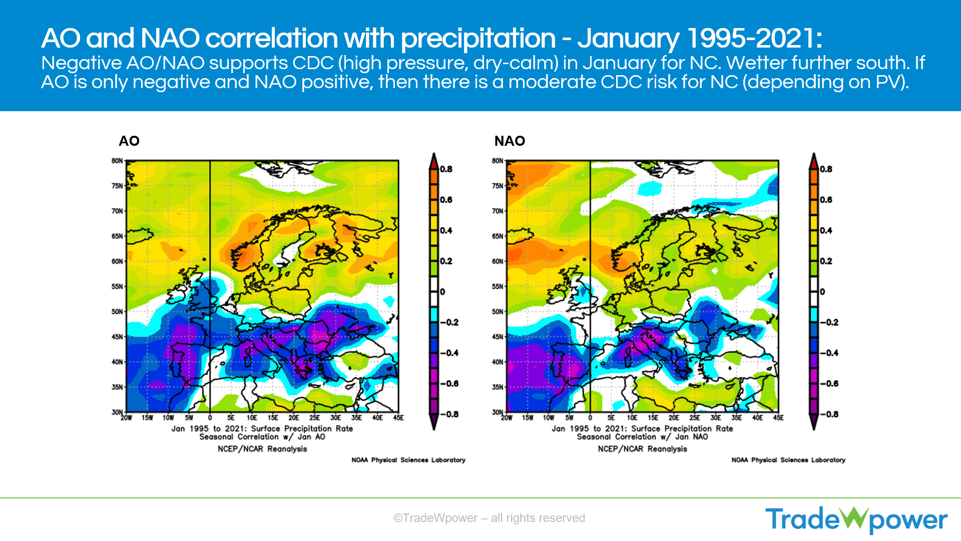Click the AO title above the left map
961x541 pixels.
coord(129,141)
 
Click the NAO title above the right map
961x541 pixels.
coord(510,141)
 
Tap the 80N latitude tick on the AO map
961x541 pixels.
coord(117,161)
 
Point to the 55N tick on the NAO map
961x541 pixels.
coord(498,287)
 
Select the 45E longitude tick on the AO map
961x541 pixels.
coord(398,418)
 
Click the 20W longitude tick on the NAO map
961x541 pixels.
coord(507,418)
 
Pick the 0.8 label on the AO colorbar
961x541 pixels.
coord(446,169)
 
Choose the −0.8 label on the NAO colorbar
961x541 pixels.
coord(829,414)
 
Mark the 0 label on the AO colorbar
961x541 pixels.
coord(442,292)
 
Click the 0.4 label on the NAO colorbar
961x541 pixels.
coord(826,230)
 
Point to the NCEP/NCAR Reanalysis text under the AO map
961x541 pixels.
coord(262,449)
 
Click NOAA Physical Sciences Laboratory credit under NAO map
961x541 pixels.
coord(788,460)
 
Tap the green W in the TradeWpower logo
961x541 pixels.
coord(854,517)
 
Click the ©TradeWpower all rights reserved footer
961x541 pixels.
coord(489,518)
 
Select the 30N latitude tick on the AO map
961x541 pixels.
coord(117,412)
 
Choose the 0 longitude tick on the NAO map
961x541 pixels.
coord(590,418)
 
